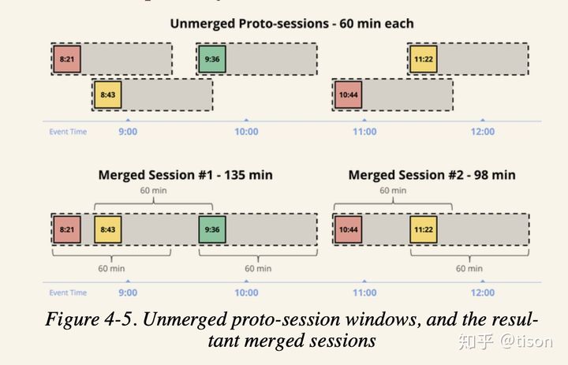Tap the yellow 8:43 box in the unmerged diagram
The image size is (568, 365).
107,95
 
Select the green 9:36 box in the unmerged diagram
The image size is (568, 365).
212,59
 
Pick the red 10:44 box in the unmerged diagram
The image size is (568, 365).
348,95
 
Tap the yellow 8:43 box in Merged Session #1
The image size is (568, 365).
107,229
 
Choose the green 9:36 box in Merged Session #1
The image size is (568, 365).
212,229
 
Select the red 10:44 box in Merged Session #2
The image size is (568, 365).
348,229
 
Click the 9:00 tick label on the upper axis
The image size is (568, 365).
128,132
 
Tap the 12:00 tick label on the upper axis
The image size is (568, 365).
483,132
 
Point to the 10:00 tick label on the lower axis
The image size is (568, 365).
246,292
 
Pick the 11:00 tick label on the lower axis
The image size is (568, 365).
364,292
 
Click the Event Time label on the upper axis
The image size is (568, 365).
68,132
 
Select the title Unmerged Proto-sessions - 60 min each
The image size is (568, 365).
292,24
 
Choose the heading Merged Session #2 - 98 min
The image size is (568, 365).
432,175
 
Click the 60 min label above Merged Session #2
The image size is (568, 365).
393,190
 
